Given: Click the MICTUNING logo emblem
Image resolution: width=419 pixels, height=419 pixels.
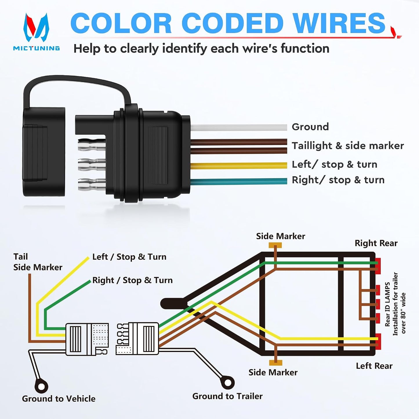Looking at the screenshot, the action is click(x=36, y=27).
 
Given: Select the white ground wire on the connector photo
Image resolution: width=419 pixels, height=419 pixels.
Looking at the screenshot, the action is click(x=239, y=128).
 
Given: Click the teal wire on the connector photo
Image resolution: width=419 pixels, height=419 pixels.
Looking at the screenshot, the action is click(x=239, y=181).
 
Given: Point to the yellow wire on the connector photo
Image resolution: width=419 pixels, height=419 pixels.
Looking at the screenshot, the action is click(x=239, y=166).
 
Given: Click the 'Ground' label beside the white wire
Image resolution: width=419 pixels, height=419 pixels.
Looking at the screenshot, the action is click(x=310, y=127).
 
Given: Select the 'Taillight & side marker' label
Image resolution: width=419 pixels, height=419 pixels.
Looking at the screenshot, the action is click(x=348, y=146).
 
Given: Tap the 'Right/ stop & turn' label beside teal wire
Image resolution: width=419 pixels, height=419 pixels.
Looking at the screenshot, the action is click(x=338, y=180).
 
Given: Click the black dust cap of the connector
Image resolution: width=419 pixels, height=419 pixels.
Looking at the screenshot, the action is click(x=44, y=152).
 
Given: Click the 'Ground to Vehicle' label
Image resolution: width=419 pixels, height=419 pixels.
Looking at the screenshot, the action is click(x=59, y=399).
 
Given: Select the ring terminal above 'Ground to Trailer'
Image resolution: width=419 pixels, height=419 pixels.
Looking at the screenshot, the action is click(x=227, y=382).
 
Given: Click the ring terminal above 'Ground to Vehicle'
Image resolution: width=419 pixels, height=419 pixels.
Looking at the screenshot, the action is click(x=41, y=387).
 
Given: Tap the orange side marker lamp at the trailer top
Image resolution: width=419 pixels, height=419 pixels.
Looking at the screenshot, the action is click(x=275, y=246).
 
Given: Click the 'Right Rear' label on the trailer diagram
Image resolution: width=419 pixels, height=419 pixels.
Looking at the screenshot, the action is click(x=376, y=243).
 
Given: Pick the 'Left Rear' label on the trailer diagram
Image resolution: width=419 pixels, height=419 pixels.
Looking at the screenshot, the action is click(x=374, y=366).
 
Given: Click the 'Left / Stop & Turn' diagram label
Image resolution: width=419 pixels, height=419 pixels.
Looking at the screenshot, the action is click(x=129, y=257).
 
